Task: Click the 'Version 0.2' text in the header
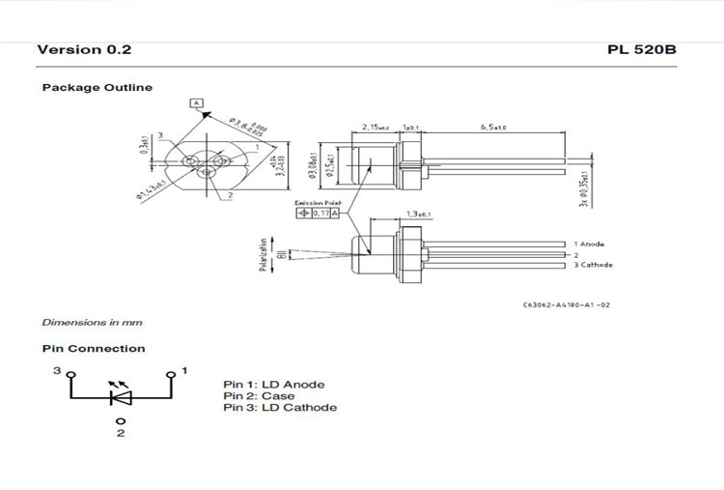click(x=84, y=49)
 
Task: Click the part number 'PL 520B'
click(x=642, y=49)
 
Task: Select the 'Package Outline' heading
click(x=97, y=88)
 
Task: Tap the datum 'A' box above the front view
click(x=197, y=102)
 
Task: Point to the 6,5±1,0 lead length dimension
click(x=493, y=128)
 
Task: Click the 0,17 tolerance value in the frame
click(x=321, y=213)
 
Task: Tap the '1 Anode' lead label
click(x=590, y=245)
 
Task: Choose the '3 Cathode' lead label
click(x=593, y=264)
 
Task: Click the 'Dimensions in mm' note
click(x=92, y=322)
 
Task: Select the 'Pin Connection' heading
click(x=94, y=349)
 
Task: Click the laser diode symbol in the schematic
click(x=121, y=395)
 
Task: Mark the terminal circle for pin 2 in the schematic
click(x=121, y=421)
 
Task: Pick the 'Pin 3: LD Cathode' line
click(x=280, y=408)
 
